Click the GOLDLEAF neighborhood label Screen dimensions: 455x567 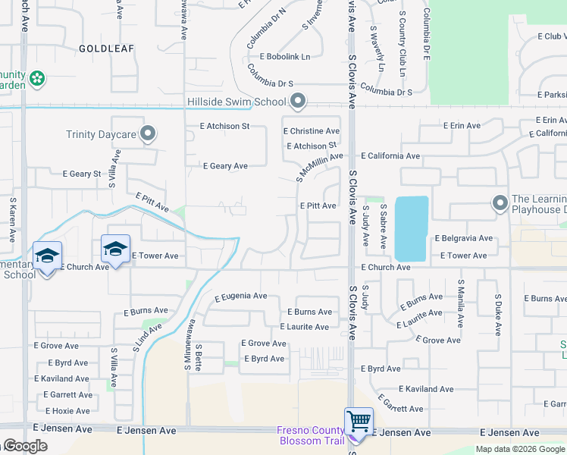(x=106, y=48)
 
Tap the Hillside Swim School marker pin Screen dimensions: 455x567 (x=298, y=101)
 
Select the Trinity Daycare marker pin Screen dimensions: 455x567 (x=148, y=134)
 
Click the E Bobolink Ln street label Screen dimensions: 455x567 (x=285, y=57)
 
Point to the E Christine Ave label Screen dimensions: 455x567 (x=312, y=131)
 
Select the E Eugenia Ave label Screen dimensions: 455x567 (x=240, y=296)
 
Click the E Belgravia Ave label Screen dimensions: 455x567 (x=463, y=238)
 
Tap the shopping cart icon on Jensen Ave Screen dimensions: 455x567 (x=358, y=420)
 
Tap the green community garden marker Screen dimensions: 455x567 (x=38, y=78)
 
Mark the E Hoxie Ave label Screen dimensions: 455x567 (x=62, y=411)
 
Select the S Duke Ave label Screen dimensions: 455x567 (x=498, y=315)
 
